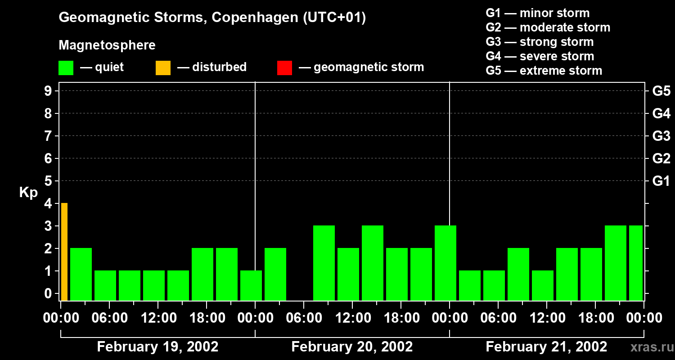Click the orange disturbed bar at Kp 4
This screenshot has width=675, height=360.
[x=64, y=252]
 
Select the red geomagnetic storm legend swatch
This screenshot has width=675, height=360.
[x=284, y=68]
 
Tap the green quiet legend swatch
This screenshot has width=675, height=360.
[x=66, y=68]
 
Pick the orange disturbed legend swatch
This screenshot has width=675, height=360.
[x=163, y=68]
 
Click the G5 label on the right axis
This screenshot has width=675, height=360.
[x=661, y=91]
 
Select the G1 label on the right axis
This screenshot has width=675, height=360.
[x=661, y=181]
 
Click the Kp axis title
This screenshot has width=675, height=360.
[x=28, y=193]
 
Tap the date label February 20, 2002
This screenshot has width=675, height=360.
[x=352, y=347]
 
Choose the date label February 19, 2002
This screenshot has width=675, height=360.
[x=157, y=347]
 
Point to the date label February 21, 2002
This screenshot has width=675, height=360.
[x=546, y=347]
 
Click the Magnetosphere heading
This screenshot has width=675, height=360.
[x=107, y=45]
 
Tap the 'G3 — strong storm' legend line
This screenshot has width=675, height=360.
[x=540, y=42]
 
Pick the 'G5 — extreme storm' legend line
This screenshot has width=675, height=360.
[x=544, y=71]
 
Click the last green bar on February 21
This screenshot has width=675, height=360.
[x=635, y=263]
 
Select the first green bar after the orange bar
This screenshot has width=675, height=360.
[x=81, y=274]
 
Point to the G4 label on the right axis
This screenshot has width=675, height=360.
[x=661, y=113]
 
